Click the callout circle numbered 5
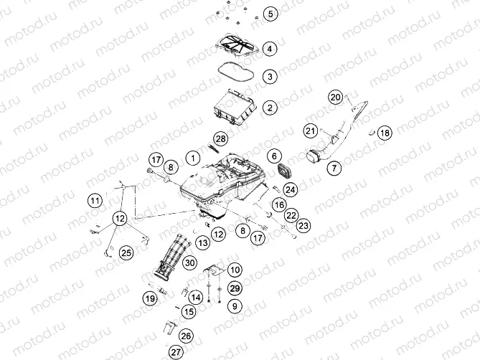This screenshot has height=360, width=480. coord(270,14)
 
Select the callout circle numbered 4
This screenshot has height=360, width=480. coord(270,49)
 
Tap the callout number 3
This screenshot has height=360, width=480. coord(270,77)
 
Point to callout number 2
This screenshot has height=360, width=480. coord(270,108)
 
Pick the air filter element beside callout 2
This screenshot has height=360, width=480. coord(235,107)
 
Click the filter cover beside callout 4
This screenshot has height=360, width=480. coord(237,46)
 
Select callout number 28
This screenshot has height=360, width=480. coord(221,139)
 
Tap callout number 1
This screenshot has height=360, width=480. coord(193,158)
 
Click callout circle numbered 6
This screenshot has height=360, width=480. coord(274,156)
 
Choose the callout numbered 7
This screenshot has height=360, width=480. coord(334,168)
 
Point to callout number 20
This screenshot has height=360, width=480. coord(336,98)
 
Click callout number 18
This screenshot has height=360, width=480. coord(385,133)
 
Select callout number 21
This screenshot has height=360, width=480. coord(311,131)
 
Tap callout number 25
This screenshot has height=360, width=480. coord(126,252)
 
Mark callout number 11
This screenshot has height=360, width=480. coord(95,201)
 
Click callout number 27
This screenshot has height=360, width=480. coord(176,352)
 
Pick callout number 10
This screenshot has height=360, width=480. coord(235,270)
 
